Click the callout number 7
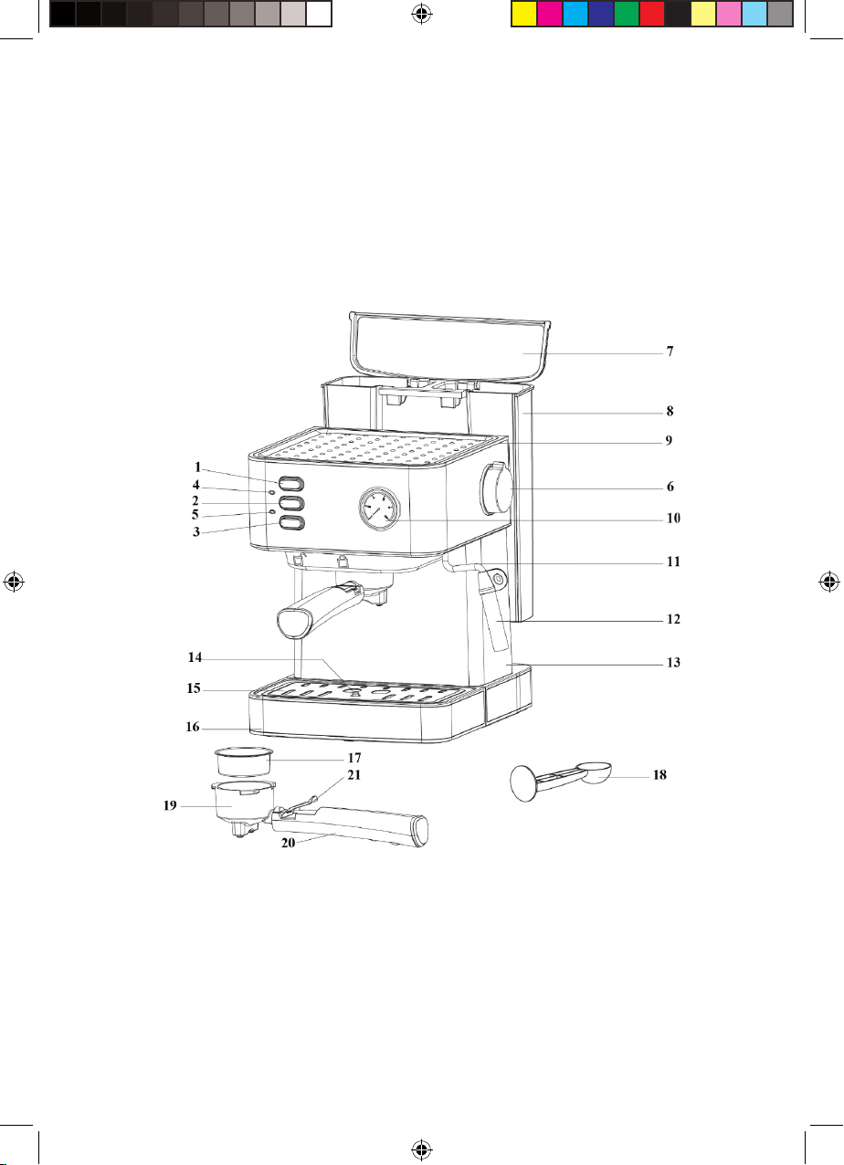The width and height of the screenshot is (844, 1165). [670, 352]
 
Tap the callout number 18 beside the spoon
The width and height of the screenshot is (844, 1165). [659, 775]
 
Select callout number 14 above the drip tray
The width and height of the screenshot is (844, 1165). [195, 657]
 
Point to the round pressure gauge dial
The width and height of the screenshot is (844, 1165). [380, 509]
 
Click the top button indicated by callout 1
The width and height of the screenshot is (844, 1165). [291, 484]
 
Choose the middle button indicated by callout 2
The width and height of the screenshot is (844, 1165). [291, 503]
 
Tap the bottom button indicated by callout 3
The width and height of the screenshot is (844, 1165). [291, 523]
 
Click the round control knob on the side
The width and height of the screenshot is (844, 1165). [497, 488]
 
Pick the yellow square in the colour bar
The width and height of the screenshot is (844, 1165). [523, 14]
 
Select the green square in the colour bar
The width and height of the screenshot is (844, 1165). [626, 14]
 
